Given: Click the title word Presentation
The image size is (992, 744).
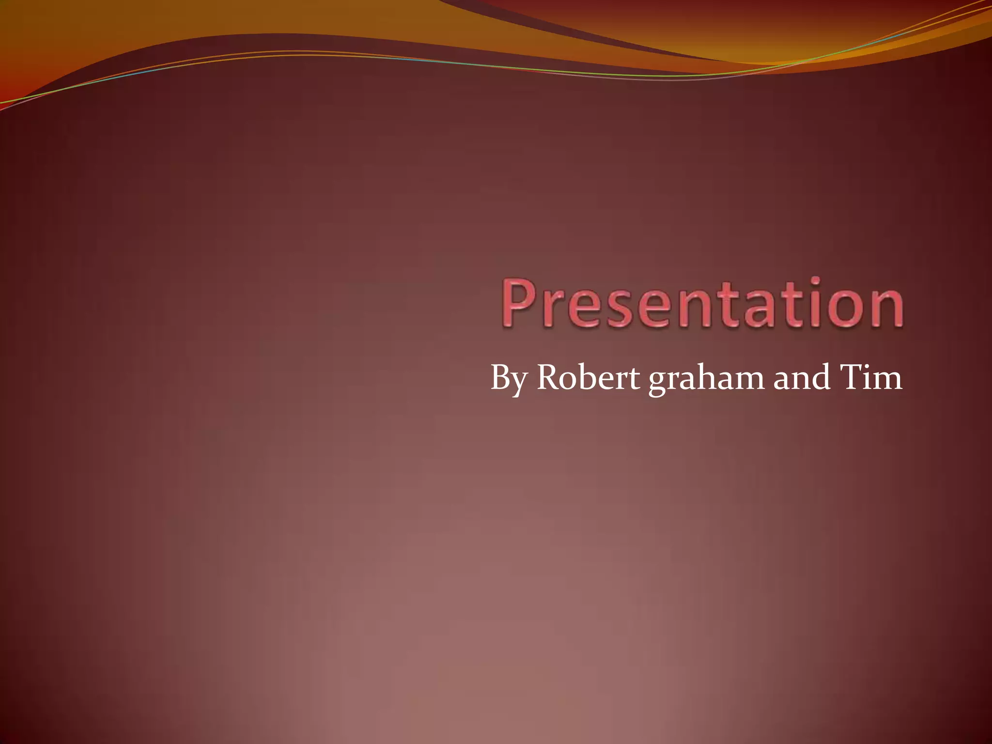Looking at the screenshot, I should pyautogui.click(x=702, y=303).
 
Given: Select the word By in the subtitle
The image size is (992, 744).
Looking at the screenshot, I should pyautogui.click(x=509, y=378).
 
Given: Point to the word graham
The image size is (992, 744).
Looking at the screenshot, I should pyautogui.click(x=707, y=378).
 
